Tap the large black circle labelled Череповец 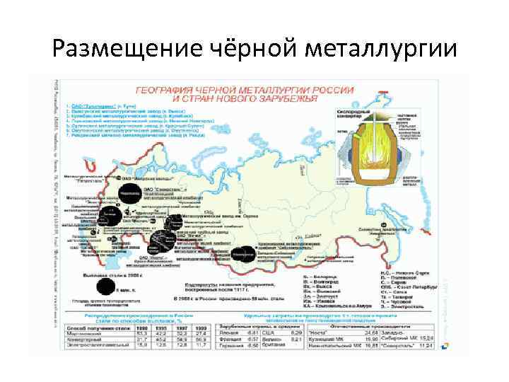(129, 192)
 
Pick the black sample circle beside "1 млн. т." (105, 286)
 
